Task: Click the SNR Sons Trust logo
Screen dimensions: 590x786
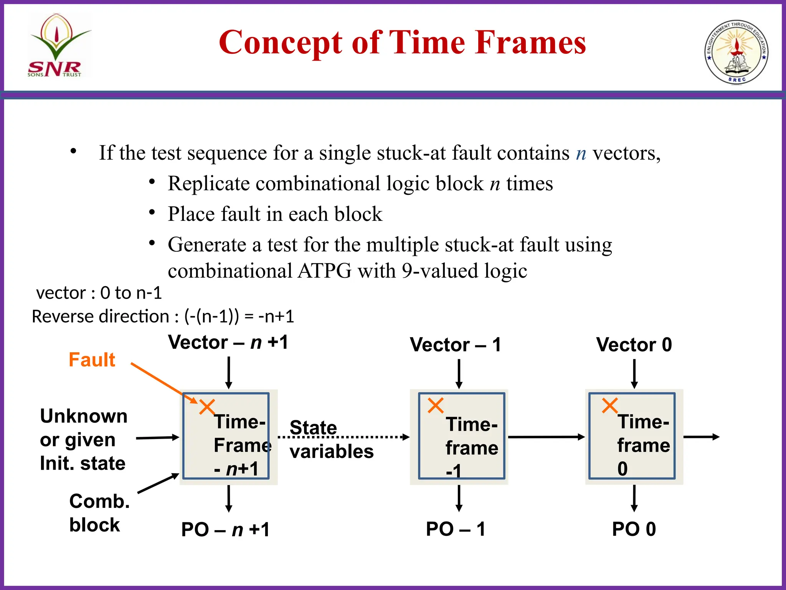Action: [x=58, y=46]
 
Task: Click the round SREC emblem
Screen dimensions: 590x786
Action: [x=736, y=52]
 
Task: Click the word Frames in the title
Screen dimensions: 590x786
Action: [x=530, y=42]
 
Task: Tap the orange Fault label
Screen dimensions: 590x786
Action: [x=92, y=360]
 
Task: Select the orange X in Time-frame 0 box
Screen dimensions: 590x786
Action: [x=610, y=406]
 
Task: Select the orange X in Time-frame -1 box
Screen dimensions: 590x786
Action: [x=436, y=406]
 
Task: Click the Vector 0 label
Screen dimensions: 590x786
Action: [x=634, y=345]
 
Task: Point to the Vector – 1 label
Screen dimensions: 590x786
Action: [x=456, y=345]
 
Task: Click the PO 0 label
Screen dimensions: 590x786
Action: [x=634, y=529]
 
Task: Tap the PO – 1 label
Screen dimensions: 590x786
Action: [x=456, y=529]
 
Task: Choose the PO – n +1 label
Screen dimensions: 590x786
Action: [x=225, y=529]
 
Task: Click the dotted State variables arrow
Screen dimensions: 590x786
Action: [x=343, y=437]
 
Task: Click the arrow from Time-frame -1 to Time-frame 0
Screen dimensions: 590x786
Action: [x=546, y=437]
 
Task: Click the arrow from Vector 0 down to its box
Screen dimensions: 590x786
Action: [x=634, y=373]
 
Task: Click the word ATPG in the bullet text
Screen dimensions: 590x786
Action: [x=324, y=271]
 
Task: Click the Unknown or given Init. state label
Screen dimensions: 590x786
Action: [x=84, y=439]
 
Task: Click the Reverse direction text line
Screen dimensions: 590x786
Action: [x=163, y=317]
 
